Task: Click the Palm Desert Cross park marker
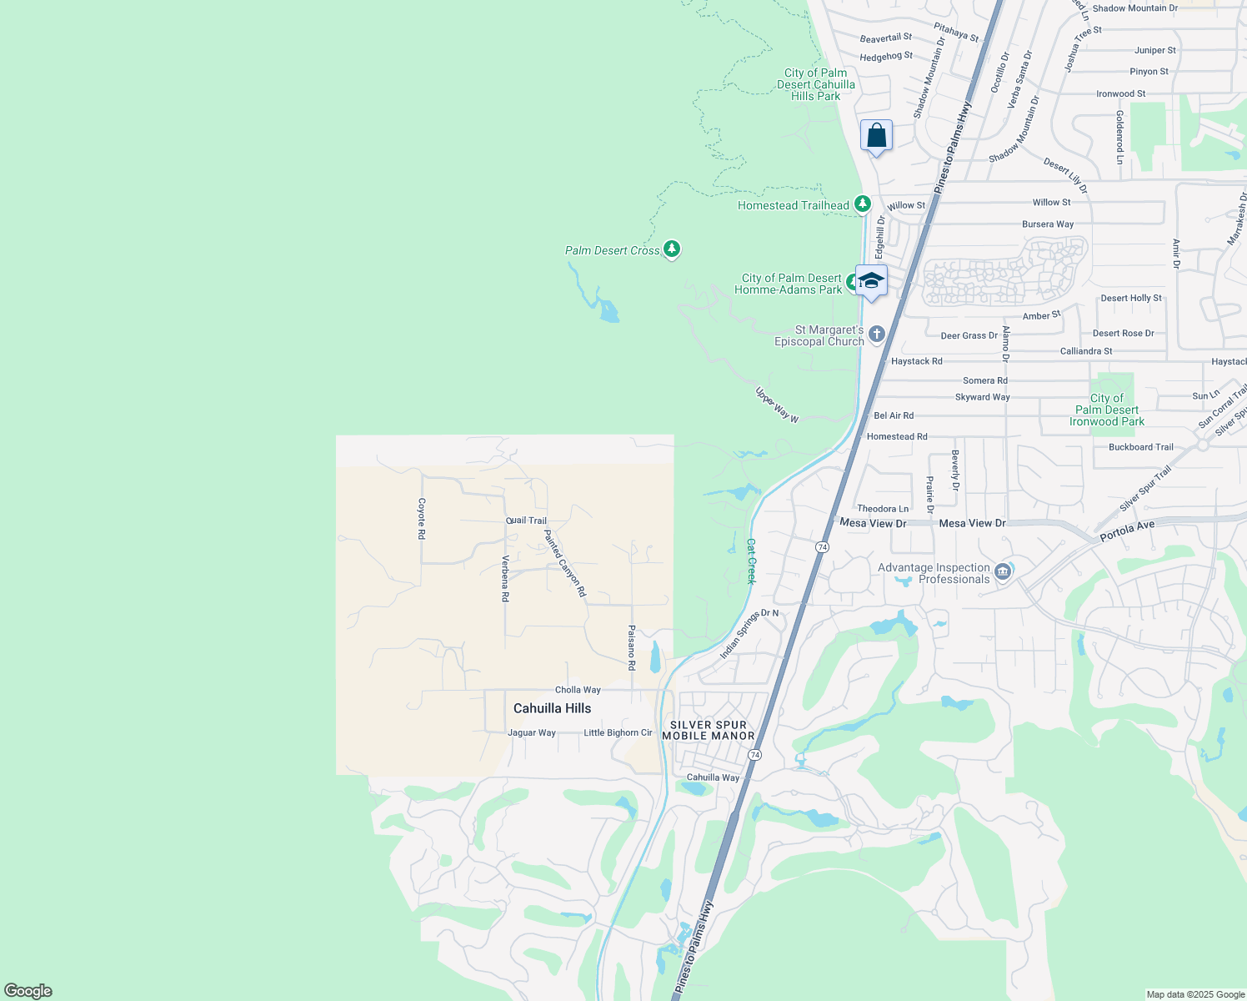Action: pyautogui.click(x=672, y=249)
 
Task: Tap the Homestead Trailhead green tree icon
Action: pyautogui.click(x=863, y=204)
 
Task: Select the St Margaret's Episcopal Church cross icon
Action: pyautogui.click(x=876, y=335)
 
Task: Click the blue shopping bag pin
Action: pyautogui.click(x=876, y=136)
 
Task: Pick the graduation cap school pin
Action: pyautogui.click(x=871, y=281)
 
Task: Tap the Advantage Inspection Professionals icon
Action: pyautogui.click(x=1003, y=571)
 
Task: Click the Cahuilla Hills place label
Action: pyautogui.click(x=552, y=708)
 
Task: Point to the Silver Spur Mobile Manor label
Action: pyautogui.click(x=708, y=730)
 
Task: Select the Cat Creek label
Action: pyautogui.click(x=750, y=561)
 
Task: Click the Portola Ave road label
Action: pyautogui.click(x=1127, y=531)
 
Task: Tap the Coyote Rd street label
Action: pyautogui.click(x=422, y=518)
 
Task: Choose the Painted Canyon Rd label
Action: pyautogui.click(x=565, y=563)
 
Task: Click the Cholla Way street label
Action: pyautogui.click(x=578, y=690)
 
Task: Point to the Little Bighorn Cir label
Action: pyautogui.click(x=618, y=732)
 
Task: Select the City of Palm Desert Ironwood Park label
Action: pyautogui.click(x=1107, y=410)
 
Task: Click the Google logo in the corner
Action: pyautogui.click(x=28, y=991)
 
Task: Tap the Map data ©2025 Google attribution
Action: pyautogui.click(x=1195, y=994)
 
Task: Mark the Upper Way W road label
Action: pyautogui.click(x=777, y=405)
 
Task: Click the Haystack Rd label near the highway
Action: pyautogui.click(x=916, y=361)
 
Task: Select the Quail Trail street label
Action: pyautogui.click(x=527, y=521)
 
